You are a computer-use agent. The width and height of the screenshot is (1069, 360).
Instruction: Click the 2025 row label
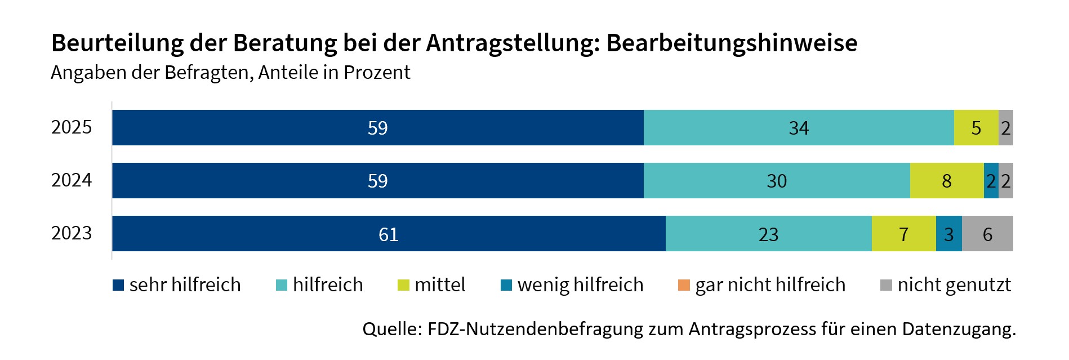point(71,127)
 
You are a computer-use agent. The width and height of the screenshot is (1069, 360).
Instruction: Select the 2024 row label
point(71,180)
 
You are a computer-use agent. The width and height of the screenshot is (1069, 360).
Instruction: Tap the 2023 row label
point(71,233)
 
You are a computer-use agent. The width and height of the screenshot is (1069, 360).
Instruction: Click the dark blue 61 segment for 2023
point(389,234)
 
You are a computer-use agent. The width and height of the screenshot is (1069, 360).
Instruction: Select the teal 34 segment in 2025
point(799,128)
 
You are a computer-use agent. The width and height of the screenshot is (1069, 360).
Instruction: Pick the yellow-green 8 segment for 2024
point(947,181)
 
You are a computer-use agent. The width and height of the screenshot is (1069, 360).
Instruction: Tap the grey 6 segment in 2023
point(987,234)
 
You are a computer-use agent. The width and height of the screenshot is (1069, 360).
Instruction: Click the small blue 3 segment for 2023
point(948,234)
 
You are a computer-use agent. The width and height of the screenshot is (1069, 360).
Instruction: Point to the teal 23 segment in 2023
point(768,234)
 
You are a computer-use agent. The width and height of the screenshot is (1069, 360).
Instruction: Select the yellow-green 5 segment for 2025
point(976,128)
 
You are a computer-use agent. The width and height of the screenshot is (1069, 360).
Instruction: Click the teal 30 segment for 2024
point(777,181)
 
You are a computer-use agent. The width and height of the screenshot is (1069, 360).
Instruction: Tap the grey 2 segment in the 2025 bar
point(1006,128)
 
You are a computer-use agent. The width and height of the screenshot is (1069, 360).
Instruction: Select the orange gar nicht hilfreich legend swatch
point(684,285)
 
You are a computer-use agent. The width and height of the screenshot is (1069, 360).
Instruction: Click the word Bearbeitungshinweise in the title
point(732,43)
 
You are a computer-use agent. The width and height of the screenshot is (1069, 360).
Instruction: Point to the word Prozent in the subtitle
point(377,73)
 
